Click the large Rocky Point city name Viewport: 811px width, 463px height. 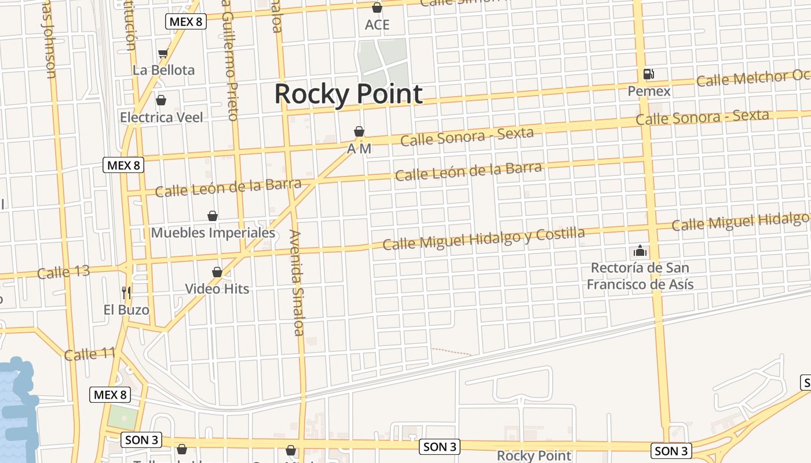(x=348, y=94)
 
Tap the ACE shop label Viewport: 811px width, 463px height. (x=377, y=25)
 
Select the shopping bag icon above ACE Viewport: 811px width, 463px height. (x=377, y=8)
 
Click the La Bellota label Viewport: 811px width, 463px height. (x=164, y=70)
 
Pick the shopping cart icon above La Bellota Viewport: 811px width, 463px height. (x=163, y=54)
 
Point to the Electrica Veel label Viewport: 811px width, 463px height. (x=162, y=117)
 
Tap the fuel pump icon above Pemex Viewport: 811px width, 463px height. (x=649, y=74)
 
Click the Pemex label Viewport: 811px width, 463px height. (x=649, y=91)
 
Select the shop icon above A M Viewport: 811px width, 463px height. (x=359, y=132)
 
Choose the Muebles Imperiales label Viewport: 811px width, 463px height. (x=213, y=233)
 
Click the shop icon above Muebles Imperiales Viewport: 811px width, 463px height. (x=213, y=216)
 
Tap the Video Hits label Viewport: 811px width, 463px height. (x=217, y=288)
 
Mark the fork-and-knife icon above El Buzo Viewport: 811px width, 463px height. (x=127, y=293)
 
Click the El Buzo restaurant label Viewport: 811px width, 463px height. (x=126, y=310)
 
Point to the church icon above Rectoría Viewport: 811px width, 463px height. (x=640, y=251)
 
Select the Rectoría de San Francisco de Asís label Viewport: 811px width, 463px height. (x=640, y=276)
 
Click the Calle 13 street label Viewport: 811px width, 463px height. (x=64, y=272)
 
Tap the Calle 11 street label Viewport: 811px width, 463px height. (x=90, y=354)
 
